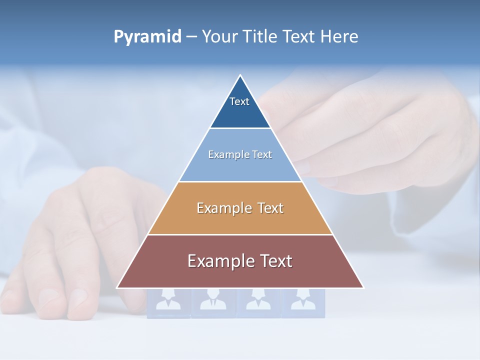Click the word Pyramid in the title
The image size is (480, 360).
(x=147, y=37)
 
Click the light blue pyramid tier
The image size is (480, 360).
(x=240, y=168)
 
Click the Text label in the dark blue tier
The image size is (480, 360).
(x=239, y=101)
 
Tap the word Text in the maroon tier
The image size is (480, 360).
(x=275, y=261)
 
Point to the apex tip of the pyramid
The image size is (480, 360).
(x=240, y=76)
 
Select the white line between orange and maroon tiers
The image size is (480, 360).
(x=240, y=234)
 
